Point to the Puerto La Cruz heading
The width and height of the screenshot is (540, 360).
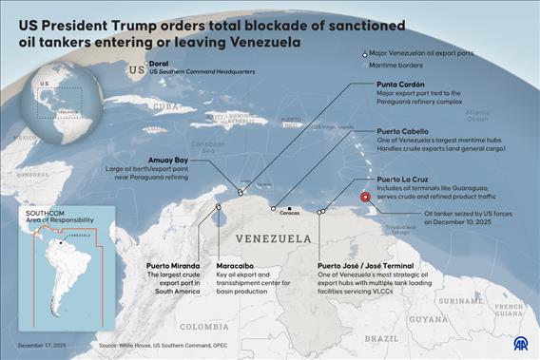pos(407,178)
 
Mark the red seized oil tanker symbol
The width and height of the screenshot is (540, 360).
pos(367,200)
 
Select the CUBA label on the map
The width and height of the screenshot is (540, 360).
pos(166,105)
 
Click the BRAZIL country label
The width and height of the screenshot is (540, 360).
pos(382,338)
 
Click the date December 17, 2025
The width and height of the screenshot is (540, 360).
pos(40,347)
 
